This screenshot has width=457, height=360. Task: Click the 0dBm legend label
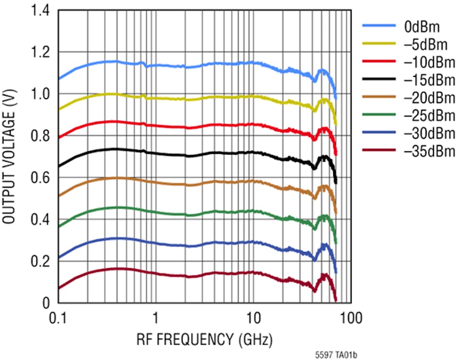[422, 27]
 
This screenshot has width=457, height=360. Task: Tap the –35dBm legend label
[429, 151]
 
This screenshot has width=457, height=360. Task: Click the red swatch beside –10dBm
[378, 61]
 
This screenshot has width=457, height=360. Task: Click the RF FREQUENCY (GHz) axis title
[204, 340]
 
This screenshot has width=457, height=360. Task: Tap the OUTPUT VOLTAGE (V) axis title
[9, 157]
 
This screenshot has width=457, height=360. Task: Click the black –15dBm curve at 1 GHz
[156, 153]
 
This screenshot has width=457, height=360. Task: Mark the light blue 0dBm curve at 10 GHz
[253, 63]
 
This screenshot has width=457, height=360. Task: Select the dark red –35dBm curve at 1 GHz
[156, 273]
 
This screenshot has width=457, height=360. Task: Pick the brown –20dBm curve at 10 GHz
[253, 181]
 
